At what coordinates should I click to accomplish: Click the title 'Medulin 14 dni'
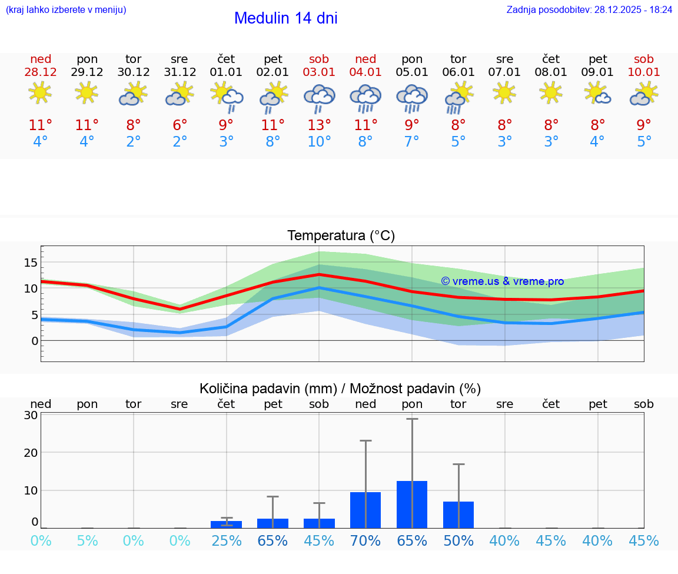[285, 18]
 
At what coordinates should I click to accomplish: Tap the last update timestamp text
[589, 10]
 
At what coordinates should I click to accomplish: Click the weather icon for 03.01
[319, 97]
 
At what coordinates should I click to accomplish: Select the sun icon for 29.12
[87, 92]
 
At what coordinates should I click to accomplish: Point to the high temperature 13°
[319, 125]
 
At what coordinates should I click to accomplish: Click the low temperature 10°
[319, 142]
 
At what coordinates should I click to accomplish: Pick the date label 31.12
[180, 72]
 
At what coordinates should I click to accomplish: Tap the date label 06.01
[458, 72]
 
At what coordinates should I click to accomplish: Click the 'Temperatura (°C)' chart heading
[341, 236]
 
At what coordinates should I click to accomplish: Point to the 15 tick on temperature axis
[31, 262]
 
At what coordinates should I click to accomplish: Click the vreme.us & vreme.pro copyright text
[503, 281]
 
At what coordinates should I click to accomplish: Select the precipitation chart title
[340, 389]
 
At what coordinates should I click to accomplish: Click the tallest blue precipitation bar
[412, 504]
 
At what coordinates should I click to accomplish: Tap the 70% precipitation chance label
[365, 541]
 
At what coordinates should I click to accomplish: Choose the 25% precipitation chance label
[227, 541]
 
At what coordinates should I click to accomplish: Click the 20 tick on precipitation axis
[31, 453]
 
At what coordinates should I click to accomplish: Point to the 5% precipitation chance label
[87, 541]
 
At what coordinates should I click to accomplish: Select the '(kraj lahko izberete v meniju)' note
[66, 10]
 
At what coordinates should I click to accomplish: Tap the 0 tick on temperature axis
[35, 341]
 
